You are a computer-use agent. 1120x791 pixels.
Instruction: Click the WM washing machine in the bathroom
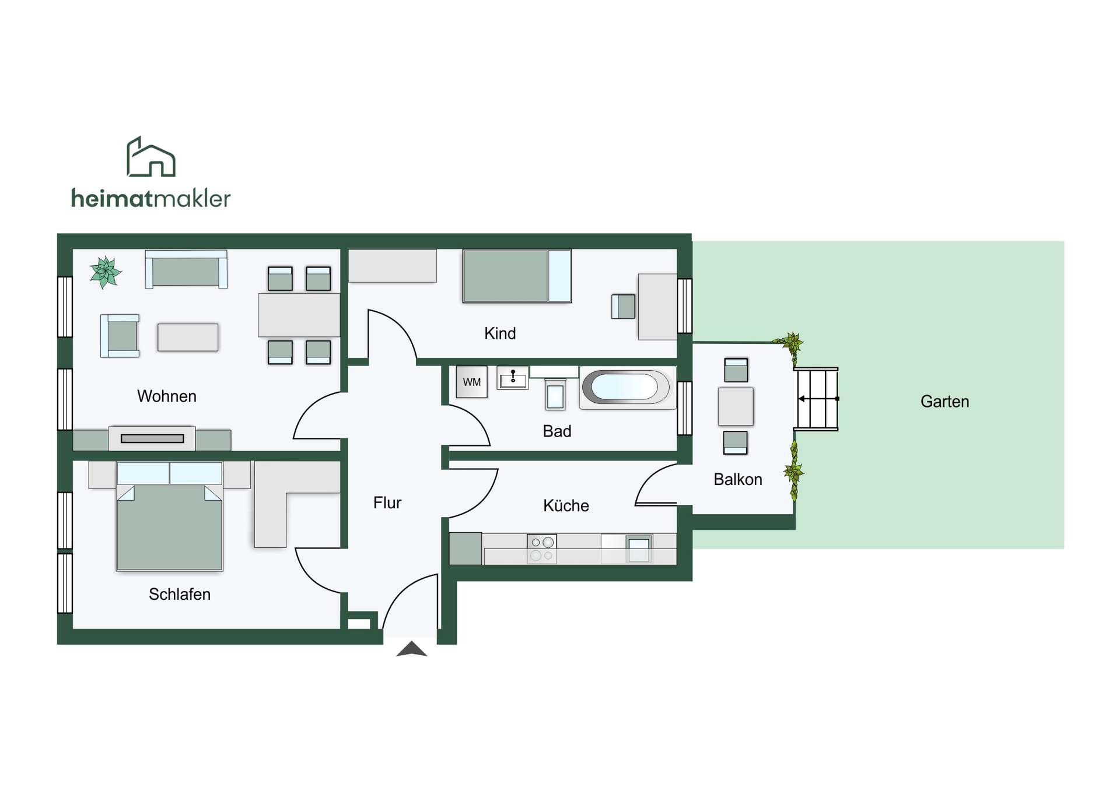[471, 382]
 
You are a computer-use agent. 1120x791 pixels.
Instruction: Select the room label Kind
[500, 333]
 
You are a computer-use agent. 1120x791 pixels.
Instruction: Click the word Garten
[944, 401]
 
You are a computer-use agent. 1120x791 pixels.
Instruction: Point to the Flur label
[387, 502]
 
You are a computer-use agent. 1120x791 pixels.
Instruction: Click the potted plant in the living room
[105, 272]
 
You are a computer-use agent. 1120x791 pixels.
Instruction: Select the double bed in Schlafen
[169, 516]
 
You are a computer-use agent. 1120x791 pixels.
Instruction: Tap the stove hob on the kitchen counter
[541, 549]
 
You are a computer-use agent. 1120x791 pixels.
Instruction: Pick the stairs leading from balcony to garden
[817, 399]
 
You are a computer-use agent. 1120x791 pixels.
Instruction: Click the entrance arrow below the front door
[412, 649]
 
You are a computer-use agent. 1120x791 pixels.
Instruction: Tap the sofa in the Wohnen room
[186, 269]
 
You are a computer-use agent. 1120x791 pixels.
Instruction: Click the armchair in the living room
[120, 336]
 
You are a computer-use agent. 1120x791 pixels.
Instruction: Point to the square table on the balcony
[736, 406]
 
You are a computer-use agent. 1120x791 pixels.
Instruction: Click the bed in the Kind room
[517, 276]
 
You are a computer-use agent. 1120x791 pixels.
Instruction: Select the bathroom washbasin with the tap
[513, 378]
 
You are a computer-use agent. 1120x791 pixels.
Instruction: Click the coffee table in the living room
[188, 338]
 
